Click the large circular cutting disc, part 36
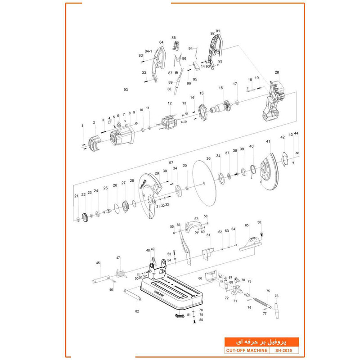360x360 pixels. [205, 184]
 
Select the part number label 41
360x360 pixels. [268, 142]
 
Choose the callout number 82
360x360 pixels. [137, 311]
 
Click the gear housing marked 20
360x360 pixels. [273, 103]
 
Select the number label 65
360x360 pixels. [247, 225]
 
